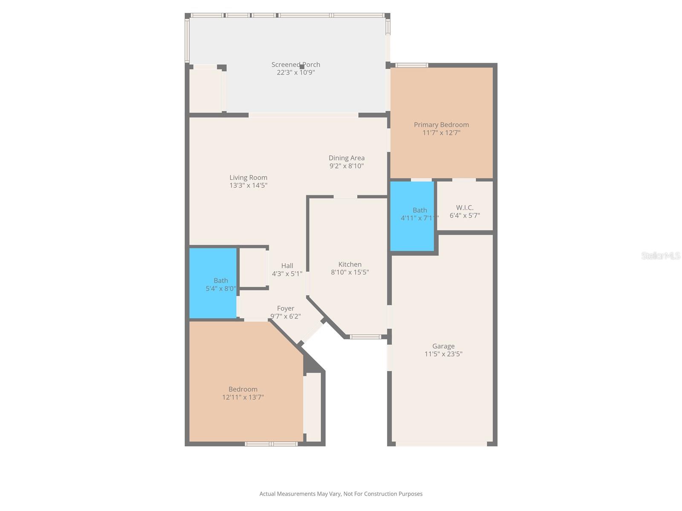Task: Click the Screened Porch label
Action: point(295,65)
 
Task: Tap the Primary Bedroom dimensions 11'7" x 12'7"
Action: point(441,133)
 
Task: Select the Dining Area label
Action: point(347,158)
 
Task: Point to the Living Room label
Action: point(248,178)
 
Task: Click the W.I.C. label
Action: point(465,207)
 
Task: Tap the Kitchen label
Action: point(350,264)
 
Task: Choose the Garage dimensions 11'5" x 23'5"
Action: point(443,354)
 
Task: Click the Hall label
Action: point(287,266)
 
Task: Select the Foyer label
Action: point(286,308)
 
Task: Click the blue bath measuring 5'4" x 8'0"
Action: point(213,283)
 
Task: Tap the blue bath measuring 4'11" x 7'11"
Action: point(412,216)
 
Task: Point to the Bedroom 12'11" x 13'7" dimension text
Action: point(243,397)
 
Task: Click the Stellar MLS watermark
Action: point(661,255)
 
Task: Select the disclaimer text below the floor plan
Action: point(341,494)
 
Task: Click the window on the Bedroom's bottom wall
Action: point(271,444)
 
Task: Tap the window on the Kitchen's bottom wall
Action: point(365,337)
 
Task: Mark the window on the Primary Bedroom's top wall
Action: point(412,65)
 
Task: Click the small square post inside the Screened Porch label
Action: point(302,67)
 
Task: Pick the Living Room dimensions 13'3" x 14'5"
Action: point(248,186)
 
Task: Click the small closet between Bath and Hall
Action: point(253,268)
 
